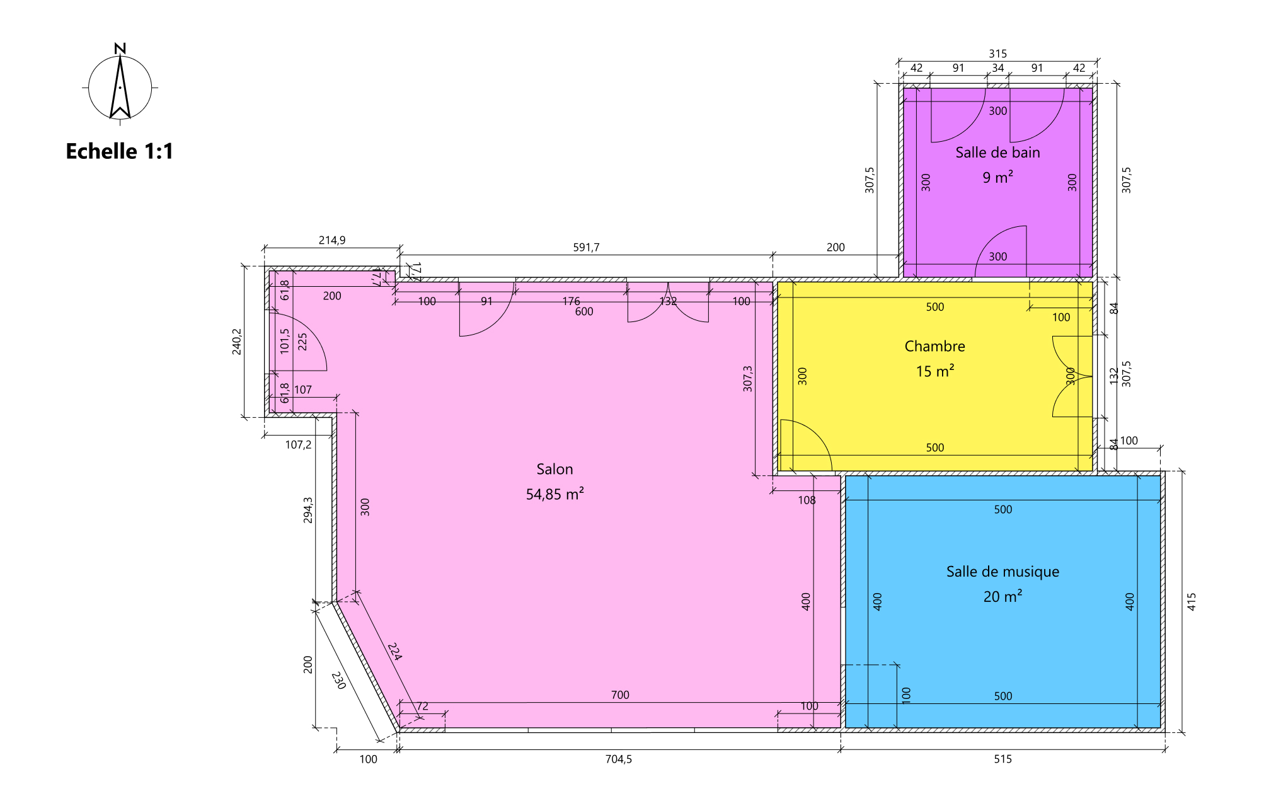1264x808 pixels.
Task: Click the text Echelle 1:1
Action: [120, 151]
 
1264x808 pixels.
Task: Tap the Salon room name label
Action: [554, 469]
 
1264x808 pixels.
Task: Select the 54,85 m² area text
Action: [554, 494]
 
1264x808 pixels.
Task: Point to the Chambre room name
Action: [934, 346]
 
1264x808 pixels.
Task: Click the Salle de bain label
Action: [997, 153]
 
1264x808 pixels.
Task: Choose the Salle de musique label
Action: [1003, 572]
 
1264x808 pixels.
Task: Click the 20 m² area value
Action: [1003, 596]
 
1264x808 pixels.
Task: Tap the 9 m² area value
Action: [997, 178]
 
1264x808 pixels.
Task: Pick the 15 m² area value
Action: [934, 371]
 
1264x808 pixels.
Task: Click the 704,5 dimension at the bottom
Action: [618, 759]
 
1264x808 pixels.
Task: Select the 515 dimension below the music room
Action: [1003, 759]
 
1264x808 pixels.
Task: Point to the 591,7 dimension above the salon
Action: [586, 248]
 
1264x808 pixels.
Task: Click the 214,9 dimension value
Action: [332, 240]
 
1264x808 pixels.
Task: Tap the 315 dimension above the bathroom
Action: [997, 54]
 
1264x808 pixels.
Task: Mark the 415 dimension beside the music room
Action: [1192, 602]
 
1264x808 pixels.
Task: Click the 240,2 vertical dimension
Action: [237, 342]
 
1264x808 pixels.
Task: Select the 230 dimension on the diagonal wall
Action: [338, 681]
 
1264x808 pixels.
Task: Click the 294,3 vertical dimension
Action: [308, 510]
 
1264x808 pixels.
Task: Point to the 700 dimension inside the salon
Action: [620, 695]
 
